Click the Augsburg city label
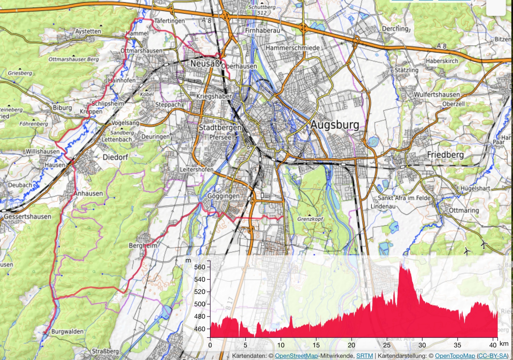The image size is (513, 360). (335, 125)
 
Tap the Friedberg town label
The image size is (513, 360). (445, 155)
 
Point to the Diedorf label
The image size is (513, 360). (115, 157)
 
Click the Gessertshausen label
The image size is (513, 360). (28, 217)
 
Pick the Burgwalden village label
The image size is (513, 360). (67, 331)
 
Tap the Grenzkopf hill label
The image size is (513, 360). (310, 219)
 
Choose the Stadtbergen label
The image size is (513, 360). (220, 128)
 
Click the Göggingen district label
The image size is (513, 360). (224, 196)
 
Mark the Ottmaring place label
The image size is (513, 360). (464, 210)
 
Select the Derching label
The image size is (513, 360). (395, 29)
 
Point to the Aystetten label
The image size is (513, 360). (88, 31)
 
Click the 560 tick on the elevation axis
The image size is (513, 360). (199, 267)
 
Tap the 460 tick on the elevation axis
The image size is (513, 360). (199, 329)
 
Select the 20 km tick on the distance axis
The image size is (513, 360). (352, 345)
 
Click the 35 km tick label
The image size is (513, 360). (458, 345)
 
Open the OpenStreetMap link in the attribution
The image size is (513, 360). (297, 356)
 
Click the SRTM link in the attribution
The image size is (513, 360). (365, 356)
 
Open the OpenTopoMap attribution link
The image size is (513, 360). (455, 356)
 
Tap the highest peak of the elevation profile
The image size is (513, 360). (401, 262)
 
